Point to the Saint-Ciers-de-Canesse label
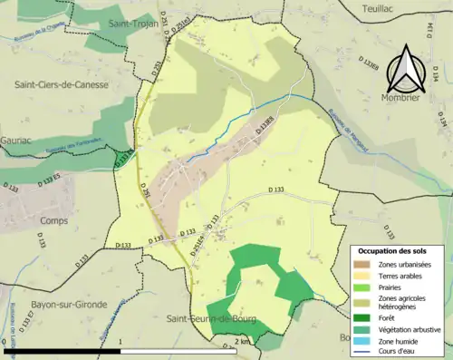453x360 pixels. [x=61, y=84]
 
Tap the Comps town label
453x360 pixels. [x=55, y=219]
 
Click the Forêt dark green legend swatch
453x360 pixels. [x=363, y=317]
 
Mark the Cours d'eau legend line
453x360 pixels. [x=363, y=353]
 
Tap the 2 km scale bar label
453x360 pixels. [x=242, y=341]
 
